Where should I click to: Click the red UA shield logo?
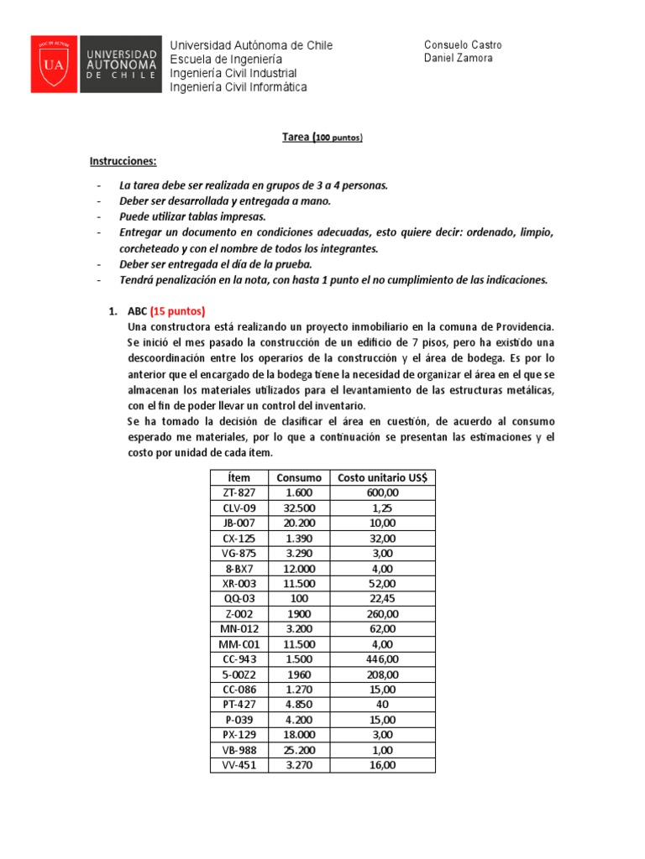click(x=54, y=64)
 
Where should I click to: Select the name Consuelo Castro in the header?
click(x=464, y=45)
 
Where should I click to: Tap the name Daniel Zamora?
click(x=459, y=59)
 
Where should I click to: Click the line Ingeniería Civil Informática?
click(x=239, y=87)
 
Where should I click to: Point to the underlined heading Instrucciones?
click(x=123, y=160)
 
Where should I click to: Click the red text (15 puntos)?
click(x=177, y=310)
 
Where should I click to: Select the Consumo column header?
click(x=299, y=477)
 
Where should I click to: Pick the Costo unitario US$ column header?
click(x=382, y=477)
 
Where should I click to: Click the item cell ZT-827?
click(x=239, y=492)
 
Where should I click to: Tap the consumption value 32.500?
click(x=299, y=508)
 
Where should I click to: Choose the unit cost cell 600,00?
click(x=382, y=492)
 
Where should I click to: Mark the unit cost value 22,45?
click(x=382, y=598)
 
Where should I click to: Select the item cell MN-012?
click(x=239, y=628)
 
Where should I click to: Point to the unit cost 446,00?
click(x=382, y=659)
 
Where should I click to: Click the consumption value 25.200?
click(x=299, y=749)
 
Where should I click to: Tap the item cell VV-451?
click(x=239, y=764)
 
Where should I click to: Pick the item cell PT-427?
click(x=239, y=704)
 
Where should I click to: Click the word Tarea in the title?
click(x=294, y=137)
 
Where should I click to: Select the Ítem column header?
click(x=239, y=477)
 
